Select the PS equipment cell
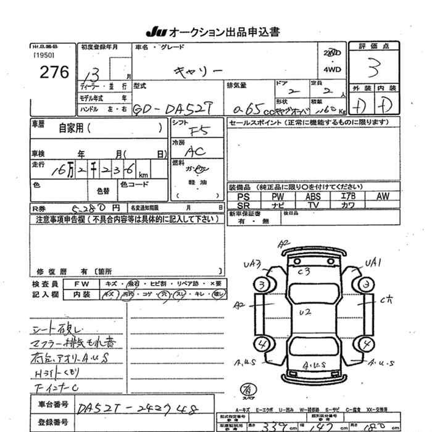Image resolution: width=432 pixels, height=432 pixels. (x=244, y=196)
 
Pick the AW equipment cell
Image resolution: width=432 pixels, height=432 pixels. (x=383, y=196)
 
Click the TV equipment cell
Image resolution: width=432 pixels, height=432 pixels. (x=313, y=205)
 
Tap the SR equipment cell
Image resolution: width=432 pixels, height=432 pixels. (x=244, y=205)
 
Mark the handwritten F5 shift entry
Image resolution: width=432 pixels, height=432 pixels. (x=197, y=130)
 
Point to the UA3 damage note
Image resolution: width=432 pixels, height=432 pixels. (x=252, y=265)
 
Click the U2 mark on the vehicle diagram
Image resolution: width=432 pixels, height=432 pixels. (x=304, y=312)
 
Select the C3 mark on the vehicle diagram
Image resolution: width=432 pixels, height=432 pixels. (x=303, y=271)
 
